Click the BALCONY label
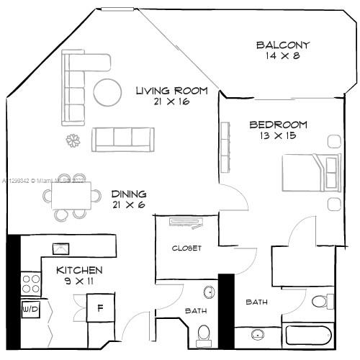point(283,45)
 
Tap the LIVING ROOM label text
point(172,91)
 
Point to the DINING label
point(129,194)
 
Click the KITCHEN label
point(80,270)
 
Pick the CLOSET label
point(186,248)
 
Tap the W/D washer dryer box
point(30,310)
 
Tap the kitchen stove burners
point(30,282)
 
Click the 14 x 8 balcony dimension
point(282,56)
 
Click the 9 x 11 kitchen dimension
point(79,282)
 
